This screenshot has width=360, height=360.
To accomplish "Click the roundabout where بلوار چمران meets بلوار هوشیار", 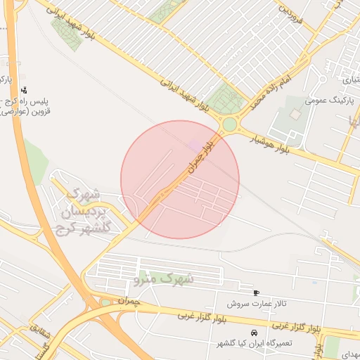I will [x=230, y=125].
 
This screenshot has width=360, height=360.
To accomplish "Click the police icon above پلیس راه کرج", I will [x=25, y=89].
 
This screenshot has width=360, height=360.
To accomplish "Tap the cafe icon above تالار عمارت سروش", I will [x=256, y=292].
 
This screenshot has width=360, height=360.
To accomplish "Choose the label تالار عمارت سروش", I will [x=257, y=304].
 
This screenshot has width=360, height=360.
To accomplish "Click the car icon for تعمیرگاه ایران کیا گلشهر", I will [x=254, y=332].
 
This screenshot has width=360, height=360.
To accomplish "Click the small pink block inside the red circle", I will [x=195, y=144].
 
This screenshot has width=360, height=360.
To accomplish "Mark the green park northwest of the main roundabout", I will [x=224, y=96].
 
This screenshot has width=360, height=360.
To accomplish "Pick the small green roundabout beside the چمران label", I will [x=106, y=302].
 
